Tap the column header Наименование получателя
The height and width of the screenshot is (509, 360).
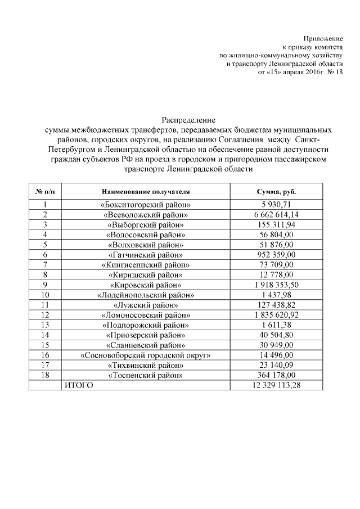146,192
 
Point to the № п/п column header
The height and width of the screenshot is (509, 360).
44,192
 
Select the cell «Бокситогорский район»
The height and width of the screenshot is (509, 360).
146,205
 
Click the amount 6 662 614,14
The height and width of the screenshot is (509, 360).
276,215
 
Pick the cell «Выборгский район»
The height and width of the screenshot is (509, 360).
146,224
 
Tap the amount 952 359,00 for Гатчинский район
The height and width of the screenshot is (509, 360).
276,255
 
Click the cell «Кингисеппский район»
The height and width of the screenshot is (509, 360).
146,264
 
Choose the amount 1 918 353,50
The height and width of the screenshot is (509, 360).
276,285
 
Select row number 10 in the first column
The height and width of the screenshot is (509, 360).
44,295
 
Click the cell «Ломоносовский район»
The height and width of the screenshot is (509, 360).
146,315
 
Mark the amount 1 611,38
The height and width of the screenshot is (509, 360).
276,325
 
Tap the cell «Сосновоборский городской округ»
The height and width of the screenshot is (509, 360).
146,355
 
